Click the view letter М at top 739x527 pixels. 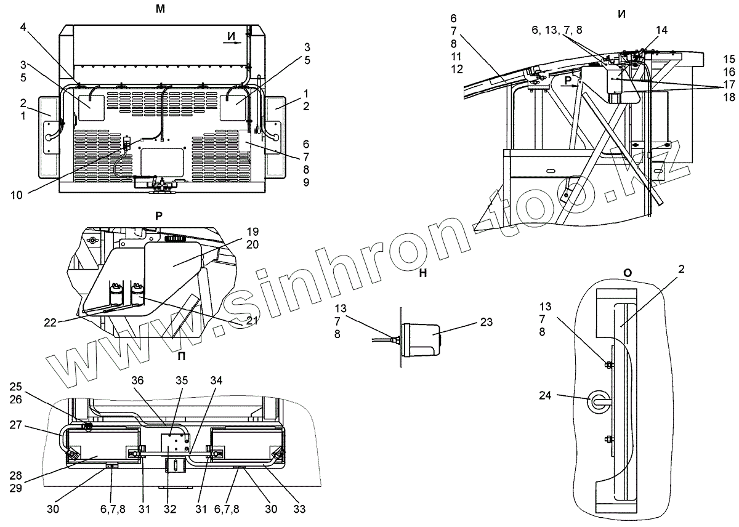[x=160, y=8]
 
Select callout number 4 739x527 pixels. [x=23, y=27]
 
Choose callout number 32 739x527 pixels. [x=171, y=509]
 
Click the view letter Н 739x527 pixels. [x=422, y=274]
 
